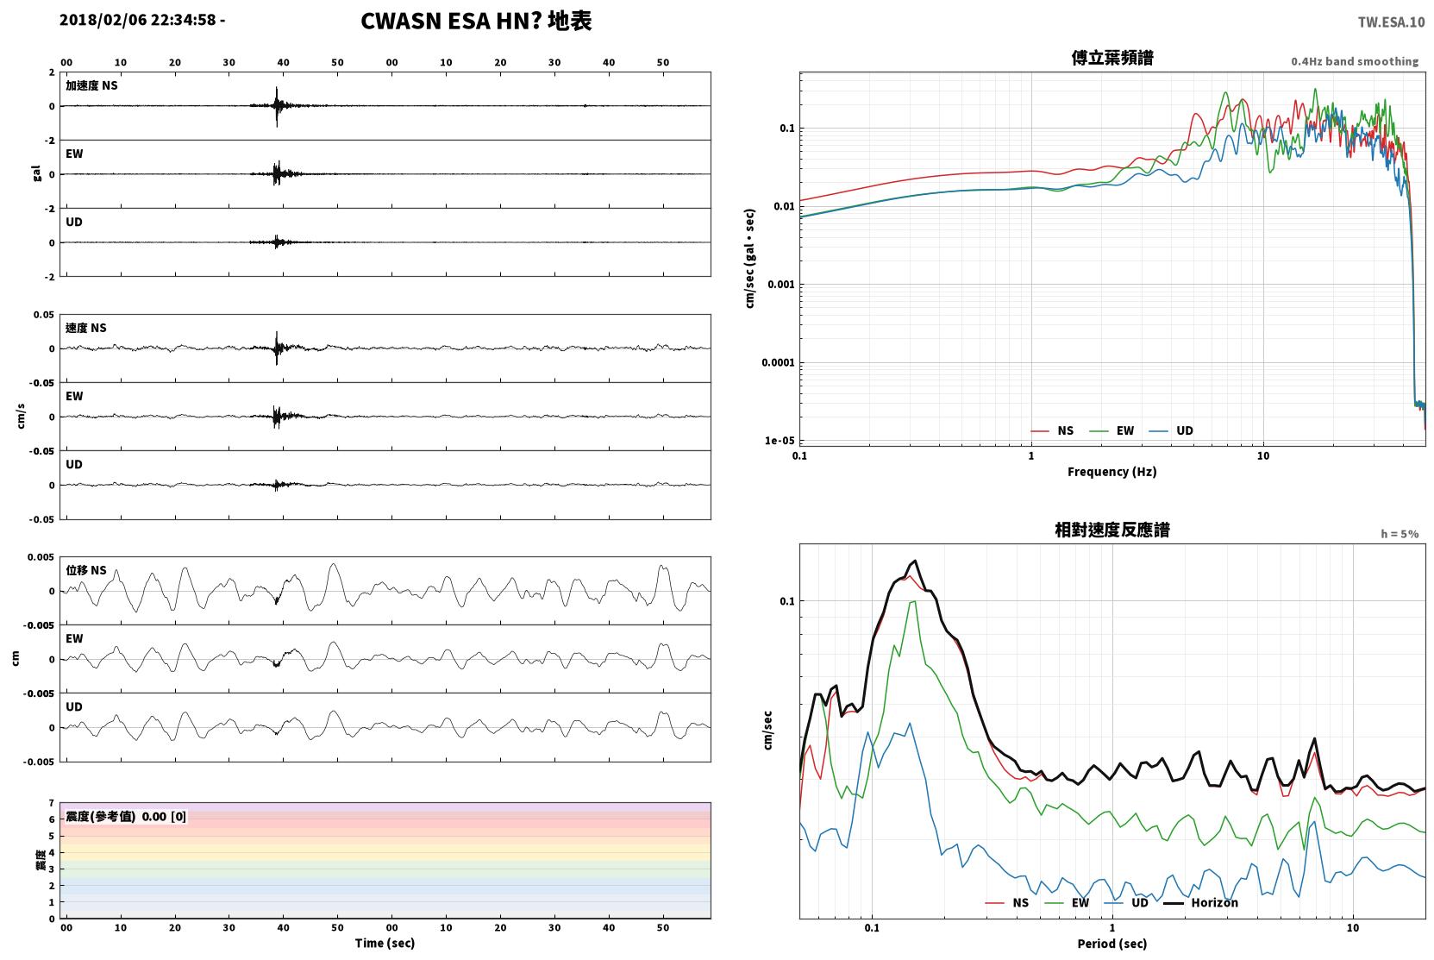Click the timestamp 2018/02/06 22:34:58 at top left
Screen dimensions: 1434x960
click(138, 20)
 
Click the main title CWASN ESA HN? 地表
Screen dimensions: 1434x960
click(476, 22)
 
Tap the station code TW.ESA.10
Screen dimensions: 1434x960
click(1391, 22)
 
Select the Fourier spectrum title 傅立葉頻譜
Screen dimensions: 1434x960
click(1112, 59)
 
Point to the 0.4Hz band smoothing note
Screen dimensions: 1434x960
click(1355, 61)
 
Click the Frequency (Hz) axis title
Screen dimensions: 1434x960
click(1112, 472)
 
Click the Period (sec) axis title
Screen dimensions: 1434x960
click(1112, 944)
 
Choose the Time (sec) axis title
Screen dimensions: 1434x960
click(385, 943)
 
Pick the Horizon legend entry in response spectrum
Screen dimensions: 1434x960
click(1200, 902)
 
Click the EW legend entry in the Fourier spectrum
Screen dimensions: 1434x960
click(1112, 430)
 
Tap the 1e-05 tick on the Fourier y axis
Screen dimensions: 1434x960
click(780, 441)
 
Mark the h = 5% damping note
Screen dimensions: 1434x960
click(1400, 534)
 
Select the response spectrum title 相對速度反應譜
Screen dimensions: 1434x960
click(1112, 530)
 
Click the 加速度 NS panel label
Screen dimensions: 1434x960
click(91, 85)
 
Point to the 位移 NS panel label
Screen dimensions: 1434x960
click(85, 570)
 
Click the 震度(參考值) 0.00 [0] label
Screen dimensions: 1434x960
click(126, 817)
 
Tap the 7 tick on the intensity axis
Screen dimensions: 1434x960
click(52, 803)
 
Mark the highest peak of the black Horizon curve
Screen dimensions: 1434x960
click(916, 561)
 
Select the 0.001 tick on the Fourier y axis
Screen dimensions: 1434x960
click(780, 285)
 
